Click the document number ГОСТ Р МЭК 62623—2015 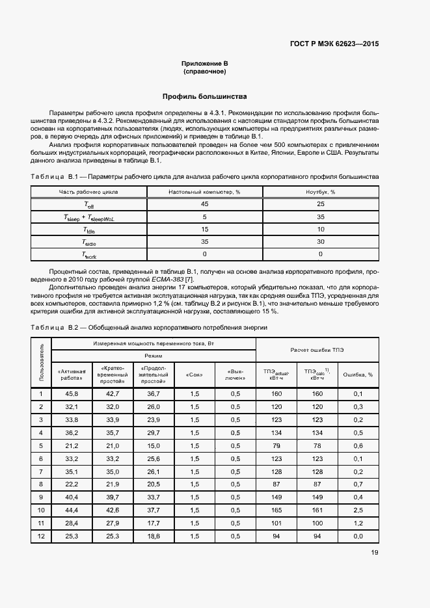coord(334,44)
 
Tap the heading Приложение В coord(204,63)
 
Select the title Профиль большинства coord(204,96)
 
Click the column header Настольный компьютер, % coord(204,192)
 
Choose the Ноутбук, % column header coord(320,192)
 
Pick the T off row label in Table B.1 coord(88,205)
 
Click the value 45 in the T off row coord(204,205)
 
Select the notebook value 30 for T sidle coord(320,242)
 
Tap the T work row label coord(88,254)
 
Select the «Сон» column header coord(194,375)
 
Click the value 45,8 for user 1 coord(72,394)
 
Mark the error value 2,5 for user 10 coord(358,510)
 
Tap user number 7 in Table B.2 coord(41,471)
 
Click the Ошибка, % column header coord(358,375)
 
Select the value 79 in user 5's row coord(276,445)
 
